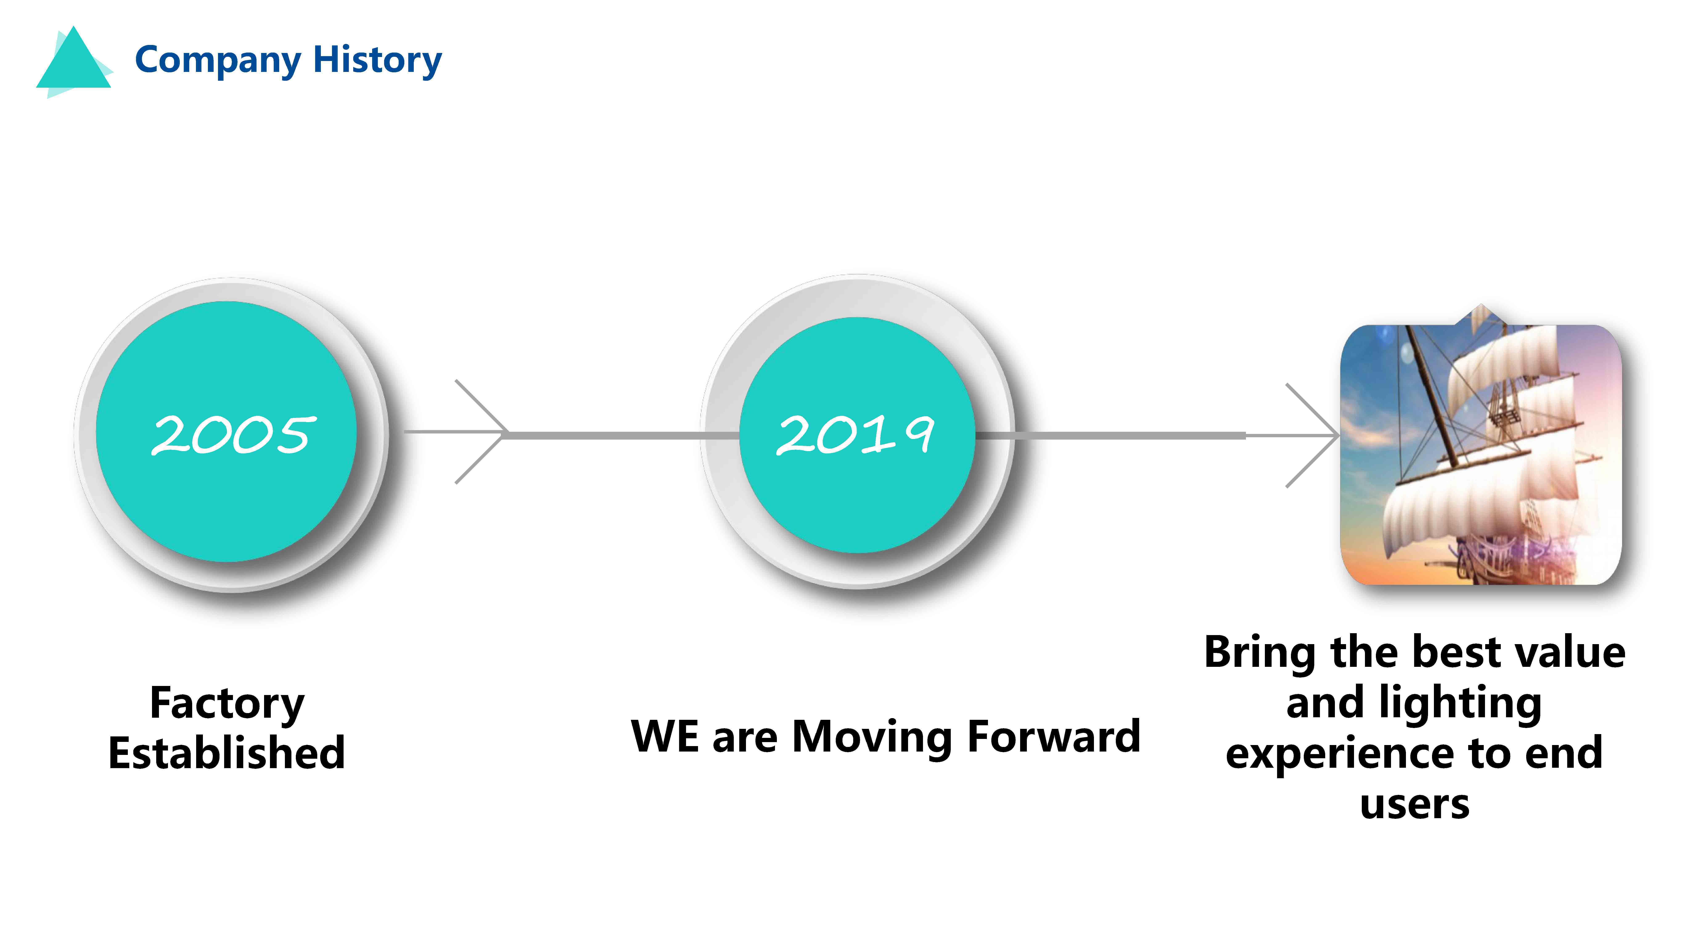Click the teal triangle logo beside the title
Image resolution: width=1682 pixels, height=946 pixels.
tap(74, 62)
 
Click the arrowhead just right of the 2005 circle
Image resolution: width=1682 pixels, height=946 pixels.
tap(481, 432)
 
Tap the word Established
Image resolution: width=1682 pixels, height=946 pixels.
tap(227, 753)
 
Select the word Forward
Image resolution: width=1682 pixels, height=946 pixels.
tap(1054, 736)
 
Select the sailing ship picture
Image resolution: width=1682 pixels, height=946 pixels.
tap(1481, 451)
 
